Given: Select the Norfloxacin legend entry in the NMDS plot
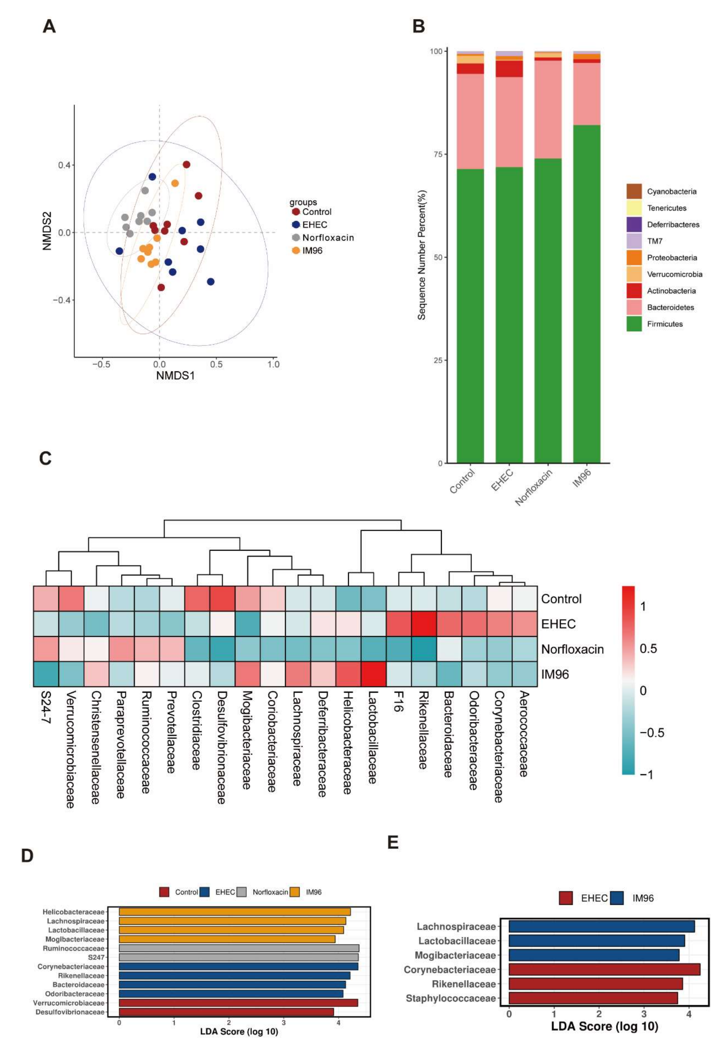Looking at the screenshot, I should click(x=328, y=238).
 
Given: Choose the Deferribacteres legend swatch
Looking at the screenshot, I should click(x=634, y=224).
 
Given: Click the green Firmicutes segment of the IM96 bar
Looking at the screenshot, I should click(x=587, y=294).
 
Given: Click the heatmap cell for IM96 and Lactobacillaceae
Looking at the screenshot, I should click(x=373, y=674).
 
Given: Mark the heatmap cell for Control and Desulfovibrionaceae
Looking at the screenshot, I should click(x=222, y=599).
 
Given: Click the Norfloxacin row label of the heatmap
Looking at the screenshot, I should click(x=572, y=649).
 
